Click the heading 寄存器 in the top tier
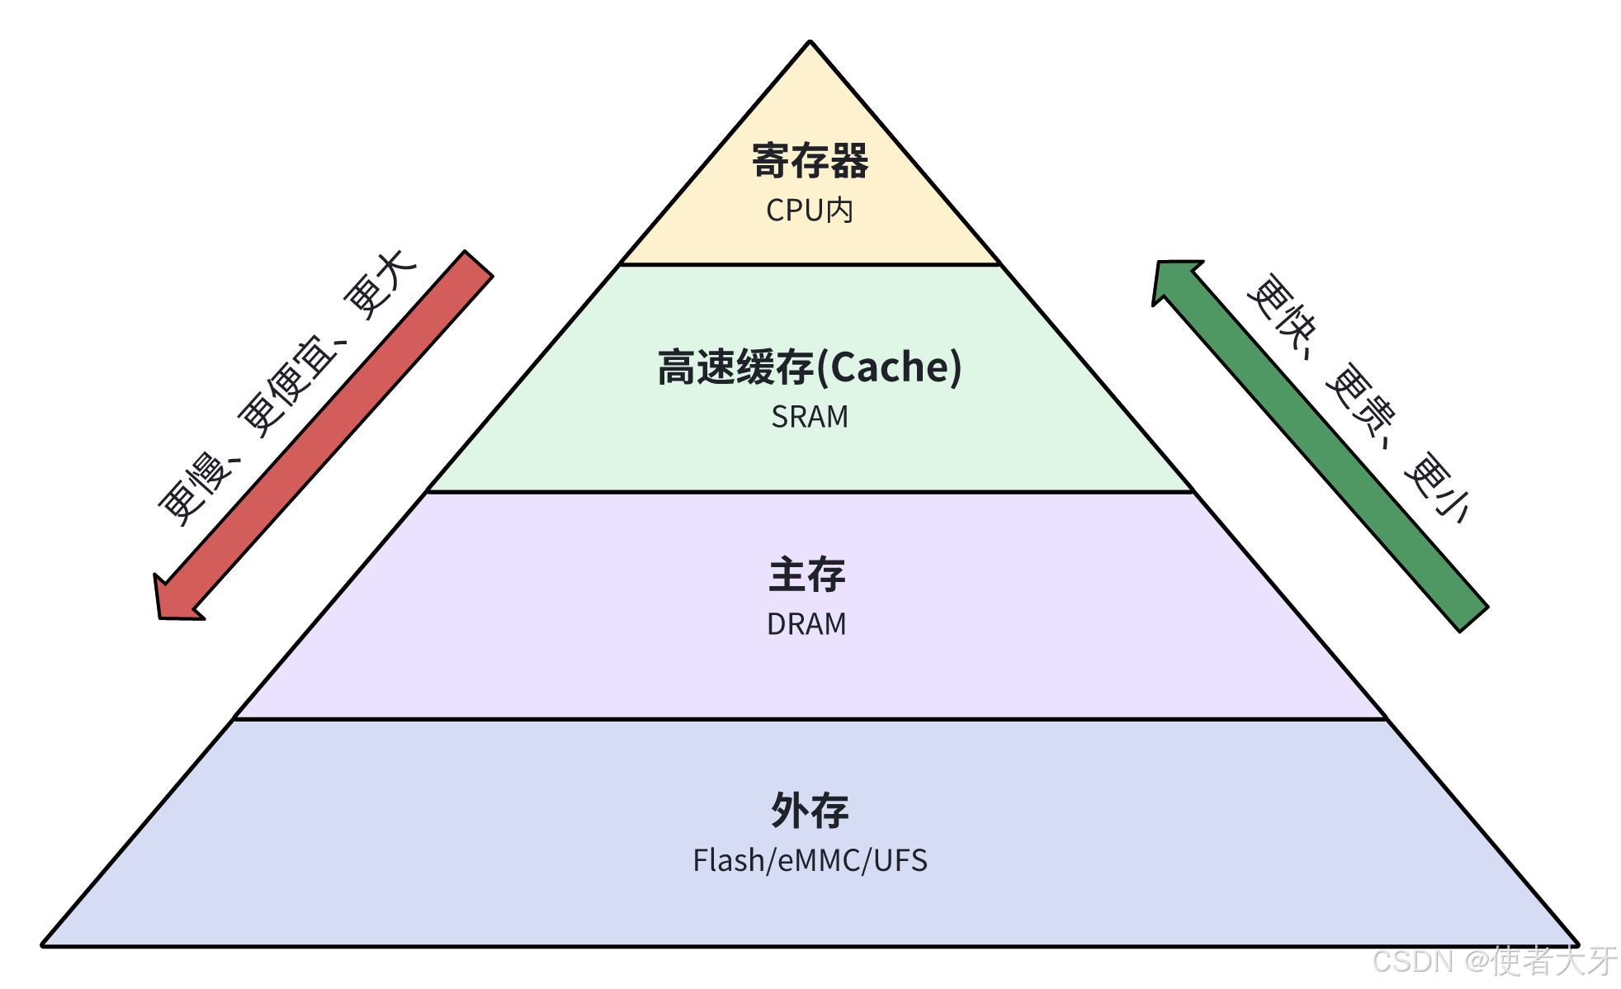coord(810,161)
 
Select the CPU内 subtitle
coord(810,211)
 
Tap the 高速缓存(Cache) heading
coord(810,367)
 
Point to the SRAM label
coord(810,417)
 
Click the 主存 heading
coord(807,575)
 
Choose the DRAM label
coord(807,624)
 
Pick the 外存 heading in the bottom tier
coord(810,811)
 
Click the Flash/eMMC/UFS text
coord(810,860)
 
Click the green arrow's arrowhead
coord(1172,281)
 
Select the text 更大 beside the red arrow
coord(380,285)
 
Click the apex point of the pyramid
coord(810,41)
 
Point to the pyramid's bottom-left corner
coord(43,945)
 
